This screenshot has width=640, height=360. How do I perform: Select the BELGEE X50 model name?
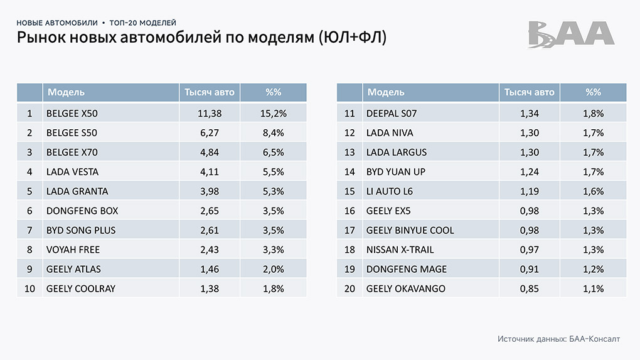[x=72, y=114]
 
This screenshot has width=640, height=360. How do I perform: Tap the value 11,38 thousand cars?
[x=210, y=114]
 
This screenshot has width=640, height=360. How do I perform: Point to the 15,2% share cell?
[x=273, y=114]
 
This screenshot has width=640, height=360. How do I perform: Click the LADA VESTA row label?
[x=72, y=172]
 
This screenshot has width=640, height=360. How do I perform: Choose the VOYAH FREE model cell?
[x=73, y=250]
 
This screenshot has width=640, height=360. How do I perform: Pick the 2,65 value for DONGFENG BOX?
[x=210, y=211]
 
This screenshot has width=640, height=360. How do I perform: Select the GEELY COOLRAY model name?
[x=81, y=289]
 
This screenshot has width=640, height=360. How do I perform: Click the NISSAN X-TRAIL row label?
[x=399, y=250]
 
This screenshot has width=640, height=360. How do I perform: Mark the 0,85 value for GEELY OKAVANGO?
[x=530, y=289]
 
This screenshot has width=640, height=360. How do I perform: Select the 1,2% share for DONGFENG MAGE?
[x=593, y=269]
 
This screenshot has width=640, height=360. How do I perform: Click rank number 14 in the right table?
[x=349, y=172]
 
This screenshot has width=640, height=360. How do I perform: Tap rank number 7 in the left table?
[x=29, y=230]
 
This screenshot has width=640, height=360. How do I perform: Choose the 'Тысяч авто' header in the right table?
[x=530, y=92]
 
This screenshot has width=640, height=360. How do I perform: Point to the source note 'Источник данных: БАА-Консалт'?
[x=558, y=339]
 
